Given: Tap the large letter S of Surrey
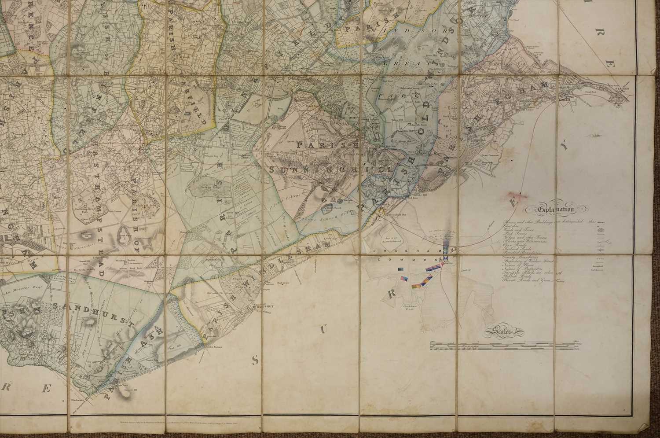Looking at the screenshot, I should click(x=255, y=361).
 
